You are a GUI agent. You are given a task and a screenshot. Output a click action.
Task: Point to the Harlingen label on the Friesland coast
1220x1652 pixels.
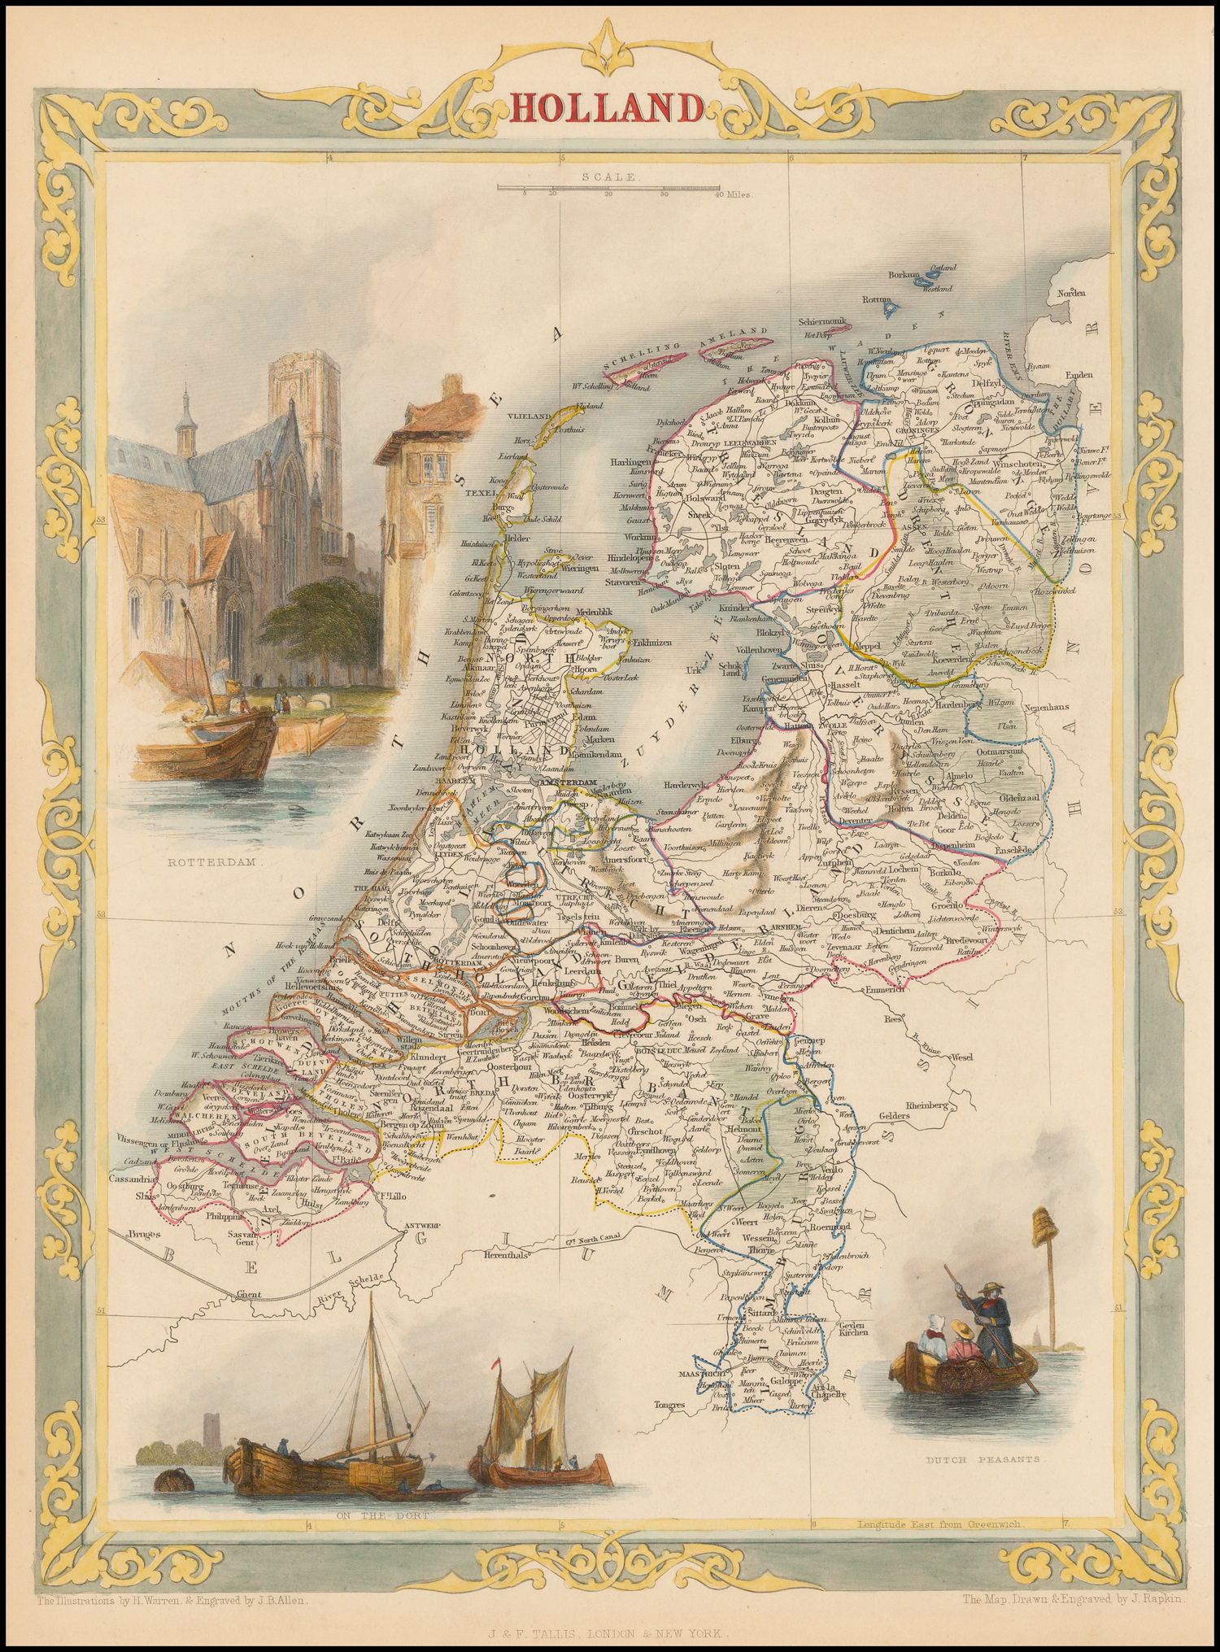pos(631,461)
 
